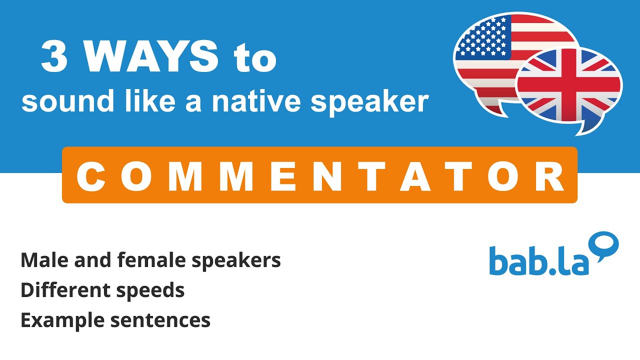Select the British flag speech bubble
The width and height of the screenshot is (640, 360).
tap(569, 86)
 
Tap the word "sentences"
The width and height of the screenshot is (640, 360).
tap(160, 320)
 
